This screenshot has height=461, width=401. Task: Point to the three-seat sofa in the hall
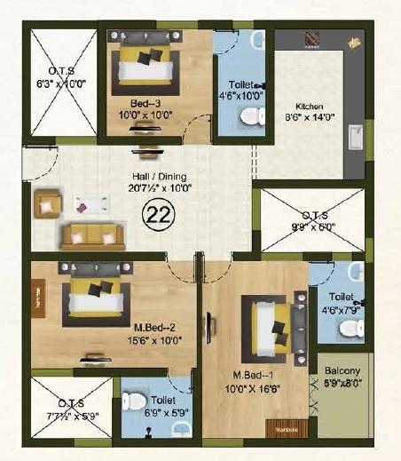[x=90, y=234]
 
